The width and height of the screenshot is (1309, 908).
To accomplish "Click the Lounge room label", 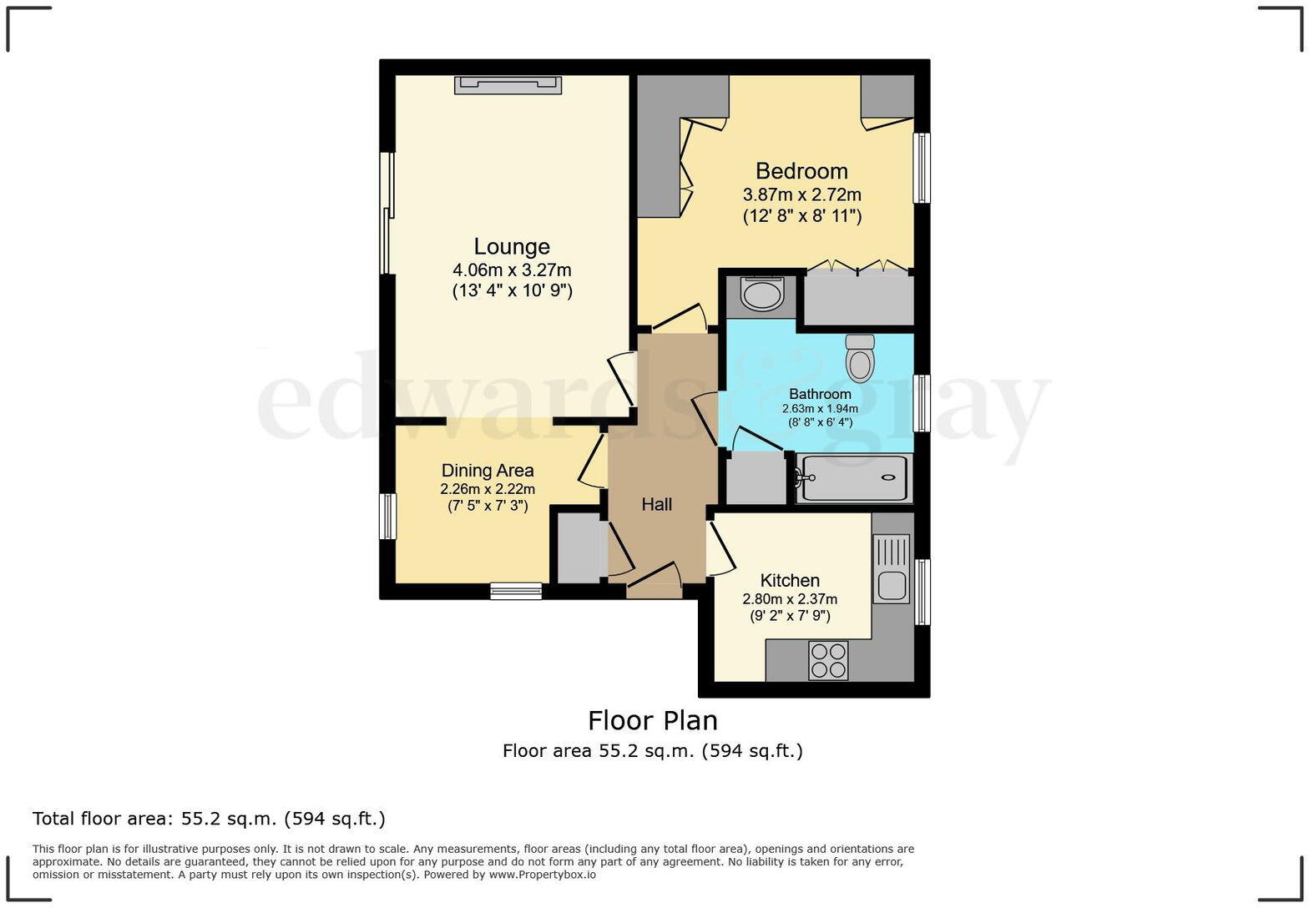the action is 511,246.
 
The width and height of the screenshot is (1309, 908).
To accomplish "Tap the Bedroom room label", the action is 801,171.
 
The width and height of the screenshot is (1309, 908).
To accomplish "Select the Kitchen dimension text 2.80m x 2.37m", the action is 790,599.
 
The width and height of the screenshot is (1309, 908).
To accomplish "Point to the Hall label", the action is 657,504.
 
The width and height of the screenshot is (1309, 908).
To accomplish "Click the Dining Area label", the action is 488,471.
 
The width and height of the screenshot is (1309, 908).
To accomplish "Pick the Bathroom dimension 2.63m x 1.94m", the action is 820,408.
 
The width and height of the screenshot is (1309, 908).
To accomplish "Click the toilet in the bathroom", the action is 860,357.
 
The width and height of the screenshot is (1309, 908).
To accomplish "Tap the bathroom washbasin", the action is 761,293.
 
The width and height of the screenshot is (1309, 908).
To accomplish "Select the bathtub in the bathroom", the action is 854,478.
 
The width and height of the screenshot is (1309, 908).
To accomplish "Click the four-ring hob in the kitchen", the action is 828,661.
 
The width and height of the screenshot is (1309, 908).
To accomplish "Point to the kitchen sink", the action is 892,568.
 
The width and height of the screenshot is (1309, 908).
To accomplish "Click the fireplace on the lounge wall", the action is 508,85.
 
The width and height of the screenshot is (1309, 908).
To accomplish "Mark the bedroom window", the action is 922,168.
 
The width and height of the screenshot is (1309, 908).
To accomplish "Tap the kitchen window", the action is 922,592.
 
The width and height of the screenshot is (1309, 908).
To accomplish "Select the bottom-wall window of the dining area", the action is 516,591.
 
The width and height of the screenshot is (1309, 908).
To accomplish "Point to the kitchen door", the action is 721,548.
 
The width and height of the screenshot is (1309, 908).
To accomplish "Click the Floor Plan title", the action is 653,720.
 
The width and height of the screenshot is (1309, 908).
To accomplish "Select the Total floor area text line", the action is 210,819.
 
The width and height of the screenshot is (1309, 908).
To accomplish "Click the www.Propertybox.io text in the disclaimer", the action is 543,875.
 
